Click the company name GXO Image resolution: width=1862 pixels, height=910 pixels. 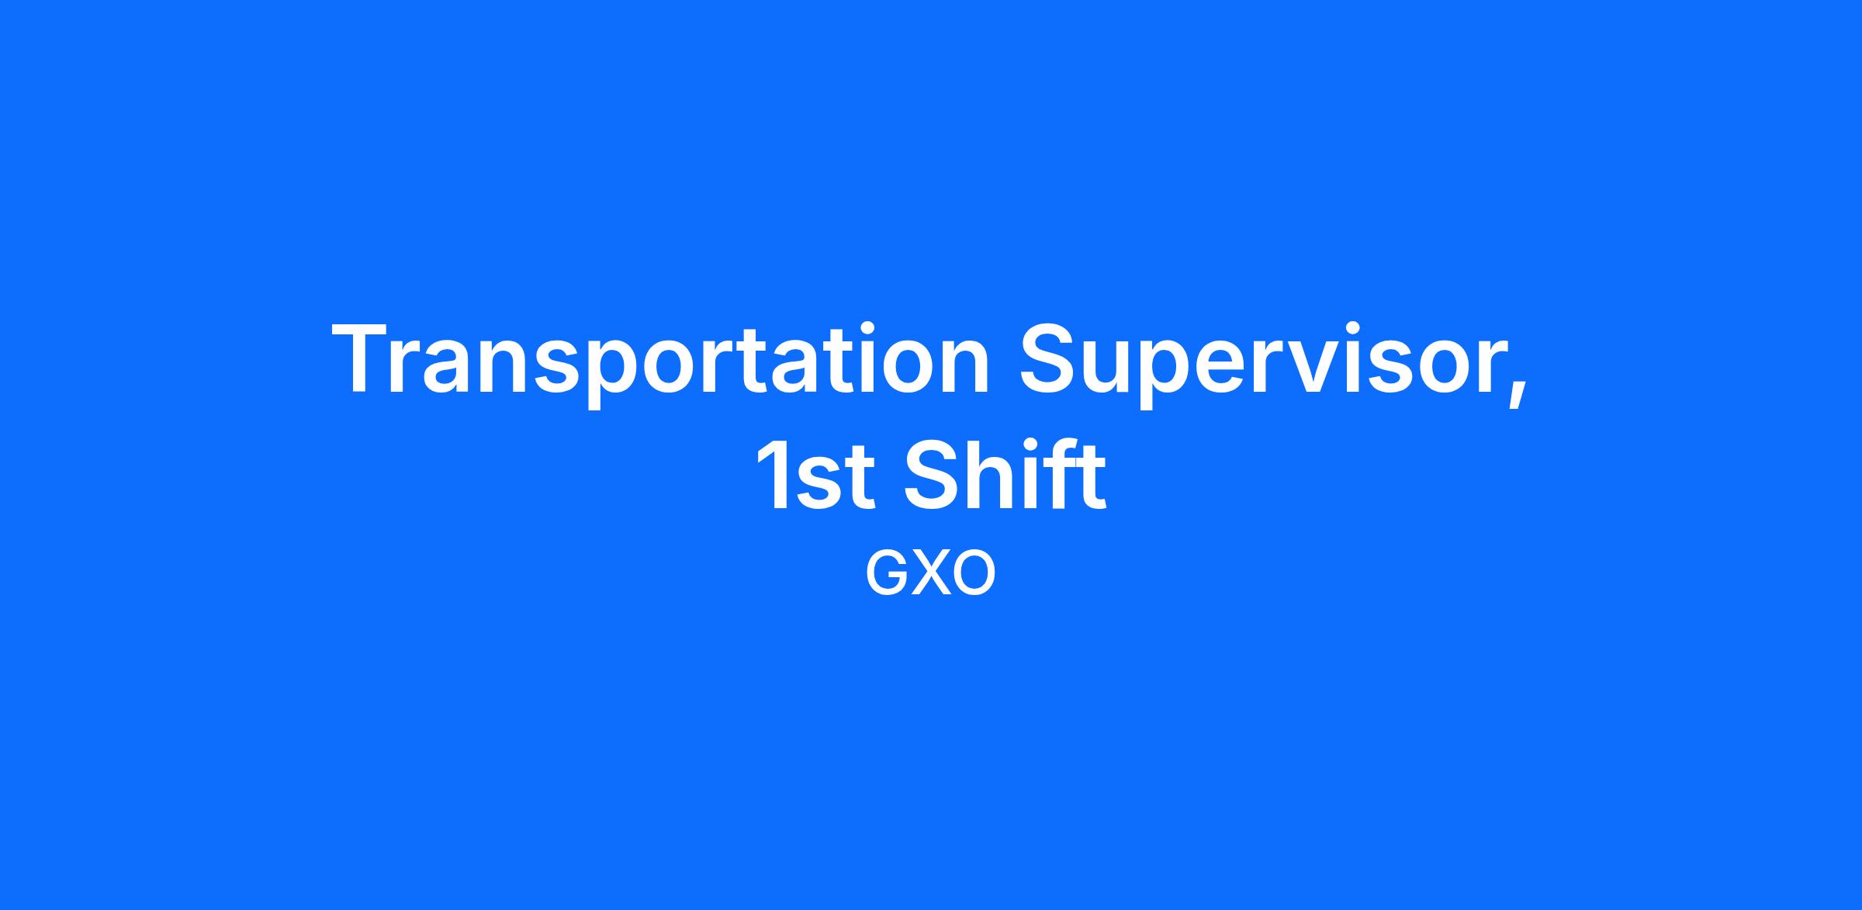(930, 575)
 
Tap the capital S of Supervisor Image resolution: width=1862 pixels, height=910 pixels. (1050, 359)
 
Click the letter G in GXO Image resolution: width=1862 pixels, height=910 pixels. (887, 575)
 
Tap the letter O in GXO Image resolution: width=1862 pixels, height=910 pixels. (973, 575)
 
